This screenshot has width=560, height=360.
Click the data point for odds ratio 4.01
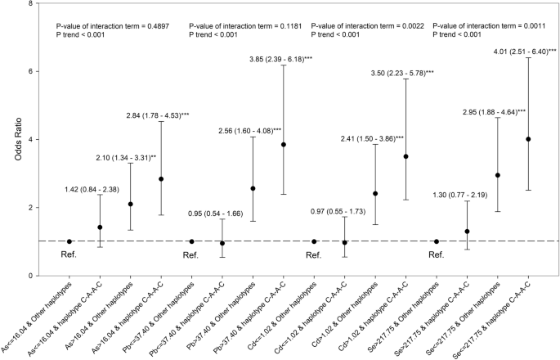[528, 139]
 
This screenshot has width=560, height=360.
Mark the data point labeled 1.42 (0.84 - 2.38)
[100, 227]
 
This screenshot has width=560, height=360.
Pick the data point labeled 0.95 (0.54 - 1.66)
[222, 243]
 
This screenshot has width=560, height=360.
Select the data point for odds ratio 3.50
[405, 156]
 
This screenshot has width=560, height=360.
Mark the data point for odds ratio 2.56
[253, 188]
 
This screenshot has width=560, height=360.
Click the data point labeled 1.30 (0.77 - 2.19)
[467, 232]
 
